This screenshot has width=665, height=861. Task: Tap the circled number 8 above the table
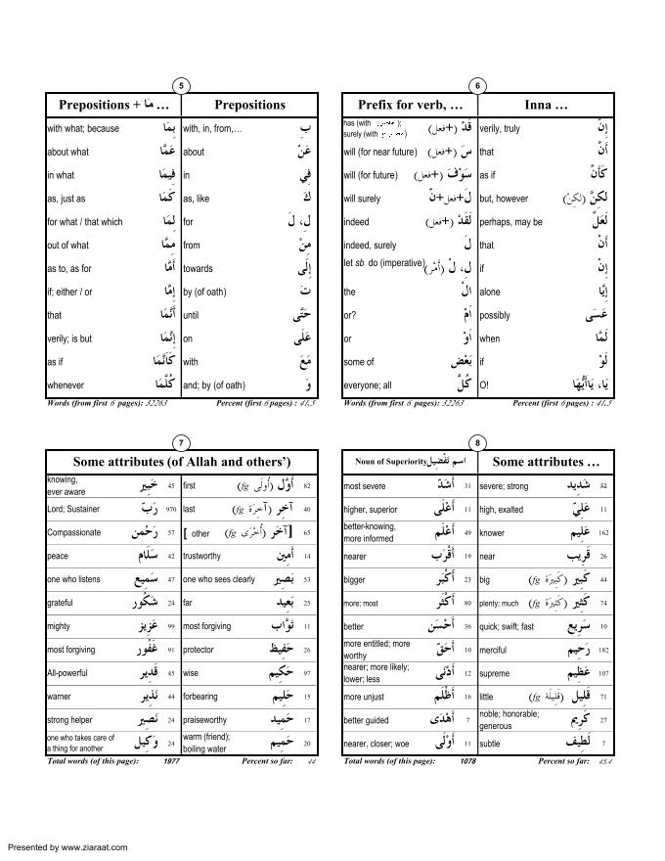click(x=477, y=442)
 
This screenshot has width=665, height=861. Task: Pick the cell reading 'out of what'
click(x=67, y=246)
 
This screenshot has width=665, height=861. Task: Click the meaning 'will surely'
click(x=362, y=199)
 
